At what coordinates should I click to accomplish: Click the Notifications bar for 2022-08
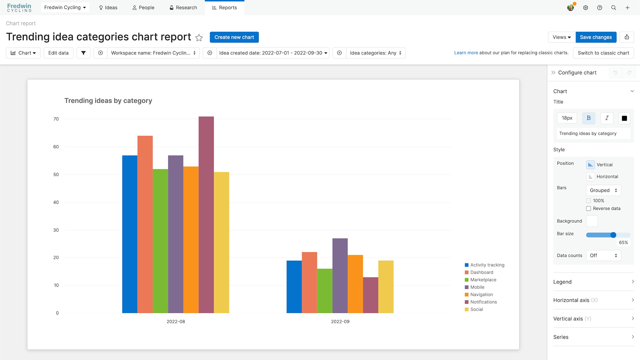pyautogui.click(x=206, y=214)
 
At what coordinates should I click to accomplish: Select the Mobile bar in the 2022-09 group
pyautogui.click(x=340, y=276)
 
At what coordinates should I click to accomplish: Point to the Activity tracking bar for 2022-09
pyautogui.click(x=294, y=287)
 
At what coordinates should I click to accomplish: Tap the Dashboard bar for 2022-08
pyautogui.click(x=145, y=224)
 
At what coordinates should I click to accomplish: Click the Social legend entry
pyautogui.click(x=476, y=309)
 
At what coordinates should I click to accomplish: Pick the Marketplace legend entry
pyautogui.click(x=483, y=280)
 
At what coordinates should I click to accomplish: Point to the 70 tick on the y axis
pyautogui.click(x=56, y=119)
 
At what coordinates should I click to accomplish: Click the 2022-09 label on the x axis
pyautogui.click(x=340, y=322)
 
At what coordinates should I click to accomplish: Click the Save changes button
pyautogui.click(x=596, y=37)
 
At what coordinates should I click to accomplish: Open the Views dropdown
pyautogui.click(x=562, y=37)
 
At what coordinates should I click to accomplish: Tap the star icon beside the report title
pyautogui.click(x=199, y=38)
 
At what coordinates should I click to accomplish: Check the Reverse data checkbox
pyautogui.click(x=588, y=209)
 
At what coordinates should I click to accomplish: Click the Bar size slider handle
pyautogui.click(x=613, y=235)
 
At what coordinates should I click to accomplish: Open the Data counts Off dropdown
pyautogui.click(x=603, y=255)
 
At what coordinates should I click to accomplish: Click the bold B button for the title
pyautogui.click(x=588, y=118)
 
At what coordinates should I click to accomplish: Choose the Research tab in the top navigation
pyautogui.click(x=183, y=8)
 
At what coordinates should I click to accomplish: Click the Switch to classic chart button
pyautogui.click(x=603, y=53)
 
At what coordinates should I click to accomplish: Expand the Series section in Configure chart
pyautogui.click(x=593, y=337)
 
